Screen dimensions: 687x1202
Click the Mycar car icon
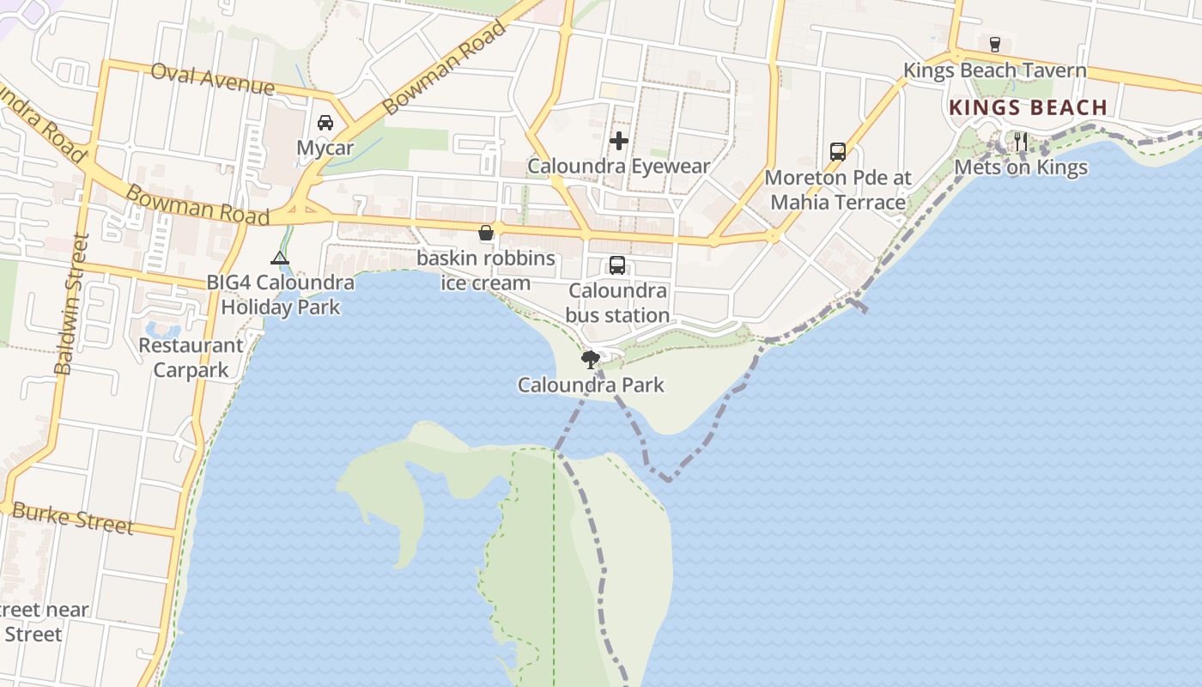click(x=325, y=123)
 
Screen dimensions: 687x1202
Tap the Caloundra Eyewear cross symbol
click(x=619, y=141)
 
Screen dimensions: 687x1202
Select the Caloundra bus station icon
click(x=617, y=265)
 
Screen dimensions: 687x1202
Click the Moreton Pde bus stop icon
click(x=838, y=152)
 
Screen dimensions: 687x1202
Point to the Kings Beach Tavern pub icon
click(x=995, y=45)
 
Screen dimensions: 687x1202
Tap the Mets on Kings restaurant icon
click(x=1020, y=142)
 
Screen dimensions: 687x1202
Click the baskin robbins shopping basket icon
click(x=486, y=233)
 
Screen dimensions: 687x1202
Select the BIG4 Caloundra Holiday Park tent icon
click(x=280, y=258)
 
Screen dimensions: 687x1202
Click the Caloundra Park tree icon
click(x=590, y=359)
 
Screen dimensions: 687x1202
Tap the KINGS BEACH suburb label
click(x=1028, y=107)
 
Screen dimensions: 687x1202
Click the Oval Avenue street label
click(x=212, y=79)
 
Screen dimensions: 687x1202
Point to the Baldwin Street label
click(x=71, y=305)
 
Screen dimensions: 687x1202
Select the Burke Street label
click(x=73, y=519)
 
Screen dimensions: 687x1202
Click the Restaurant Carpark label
click(x=191, y=358)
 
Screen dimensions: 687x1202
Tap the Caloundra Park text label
click(x=591, y=385)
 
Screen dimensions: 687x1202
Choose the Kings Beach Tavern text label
click(x=995, y=70)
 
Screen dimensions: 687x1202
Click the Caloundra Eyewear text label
click(x=619, y=166)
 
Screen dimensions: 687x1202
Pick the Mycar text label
click(x=325, y=148)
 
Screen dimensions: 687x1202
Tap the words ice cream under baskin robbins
click(x=486, y=283)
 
